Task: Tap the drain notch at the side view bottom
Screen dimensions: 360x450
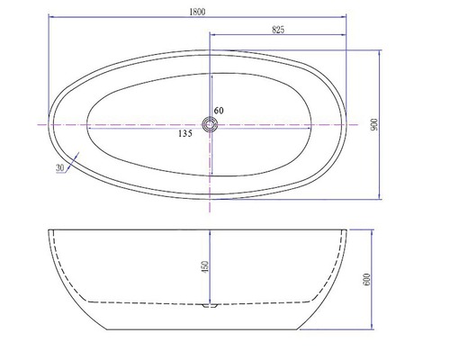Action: pyautogui.click(x=211, y=307)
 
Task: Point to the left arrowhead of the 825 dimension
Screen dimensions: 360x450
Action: pyautogui.click(x=212, y=38)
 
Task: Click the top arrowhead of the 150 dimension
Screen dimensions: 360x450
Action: pyautogui.click(x=211, y=232)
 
